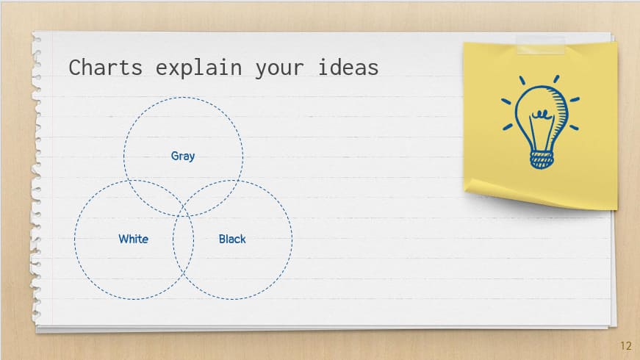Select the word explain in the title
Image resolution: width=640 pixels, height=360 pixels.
pyautogui.click(x=199, y=68)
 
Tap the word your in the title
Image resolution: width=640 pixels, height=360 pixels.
pyautogui.click(x=279, y=68)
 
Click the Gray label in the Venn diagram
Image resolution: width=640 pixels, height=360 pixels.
pyautogui.click(x=183, y=156)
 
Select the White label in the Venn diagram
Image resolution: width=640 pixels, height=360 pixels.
pyautogui.click(x=133, y=239)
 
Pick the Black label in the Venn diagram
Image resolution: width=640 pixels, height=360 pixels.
pyautogui.click(x=232, y=239)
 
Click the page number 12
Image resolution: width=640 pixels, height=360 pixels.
pyautogui.click(x=626, y=346)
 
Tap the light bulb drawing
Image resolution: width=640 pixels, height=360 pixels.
pyautogui.click(x=542, y=121)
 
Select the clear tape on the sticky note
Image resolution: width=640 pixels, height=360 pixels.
pyautogui.click(x=541, y=45)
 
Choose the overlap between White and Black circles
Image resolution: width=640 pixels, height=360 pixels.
pyautogui.click(x=183, y=253)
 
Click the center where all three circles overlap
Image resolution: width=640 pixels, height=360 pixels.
pyautogui.click(x=183, y=206)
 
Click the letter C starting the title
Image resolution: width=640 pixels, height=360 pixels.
pyautogui.click(x=75, y=68)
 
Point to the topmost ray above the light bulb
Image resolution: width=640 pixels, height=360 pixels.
pyautogui.click(x=555, y=79)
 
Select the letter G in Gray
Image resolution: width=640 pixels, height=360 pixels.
pyautogui.click(x=174, y=156)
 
